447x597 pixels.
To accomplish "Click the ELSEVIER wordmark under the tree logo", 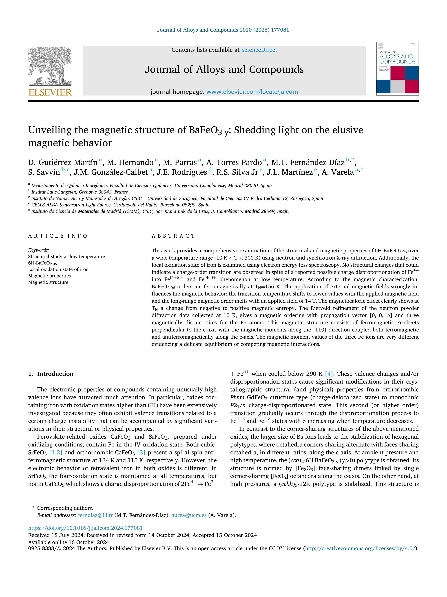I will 50,93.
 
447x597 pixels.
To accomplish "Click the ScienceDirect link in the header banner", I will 259,50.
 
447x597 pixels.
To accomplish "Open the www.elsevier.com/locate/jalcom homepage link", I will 252,92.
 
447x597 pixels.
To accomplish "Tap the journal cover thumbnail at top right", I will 397,69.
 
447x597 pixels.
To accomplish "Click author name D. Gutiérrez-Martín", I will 63,162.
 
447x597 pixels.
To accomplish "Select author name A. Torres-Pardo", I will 234,162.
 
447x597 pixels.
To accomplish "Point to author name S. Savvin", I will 44,172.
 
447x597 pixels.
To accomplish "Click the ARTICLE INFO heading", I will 58,236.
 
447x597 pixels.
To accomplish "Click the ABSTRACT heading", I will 173,236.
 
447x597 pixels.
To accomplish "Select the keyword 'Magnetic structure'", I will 48,282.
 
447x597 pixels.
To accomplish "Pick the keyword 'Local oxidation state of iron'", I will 58,269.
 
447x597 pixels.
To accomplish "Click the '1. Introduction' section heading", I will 51,374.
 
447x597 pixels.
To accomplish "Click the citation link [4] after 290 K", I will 329,374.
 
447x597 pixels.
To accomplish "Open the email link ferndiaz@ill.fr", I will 95,515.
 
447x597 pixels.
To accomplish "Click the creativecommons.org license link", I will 360,548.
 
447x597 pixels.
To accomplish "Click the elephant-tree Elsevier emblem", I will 50,66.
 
